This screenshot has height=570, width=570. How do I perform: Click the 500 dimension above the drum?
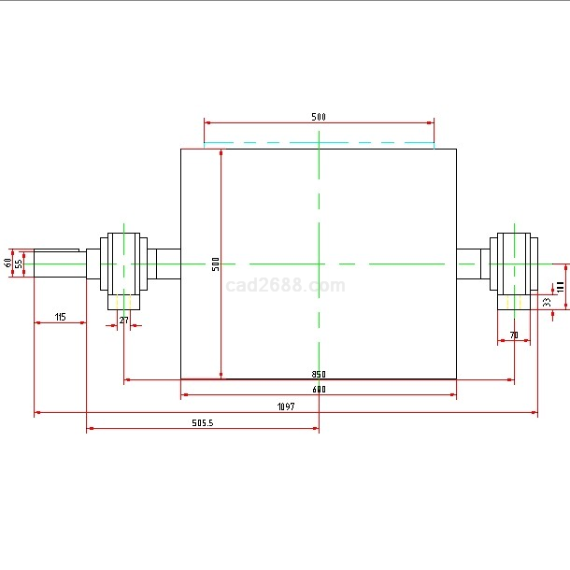click(x=319, y=117)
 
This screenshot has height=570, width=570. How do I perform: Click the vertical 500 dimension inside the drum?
click(x=216, y=264)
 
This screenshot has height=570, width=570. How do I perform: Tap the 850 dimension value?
click(x=319, y=375)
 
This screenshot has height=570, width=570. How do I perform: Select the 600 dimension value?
click(x=319, y=389)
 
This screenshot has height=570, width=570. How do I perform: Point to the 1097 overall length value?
click(x=286, y=406)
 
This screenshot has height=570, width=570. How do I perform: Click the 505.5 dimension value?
click(x=203, y=423)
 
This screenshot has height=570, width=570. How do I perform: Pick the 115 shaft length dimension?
click(x=60, y=318)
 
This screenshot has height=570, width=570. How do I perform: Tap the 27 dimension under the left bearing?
click(x=123, y=321)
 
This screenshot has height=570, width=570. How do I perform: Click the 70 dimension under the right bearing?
click(x=514, y=335)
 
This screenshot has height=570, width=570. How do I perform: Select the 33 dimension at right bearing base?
click(x=547, y=302)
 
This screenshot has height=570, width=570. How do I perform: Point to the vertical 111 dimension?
click(x=561, y=286)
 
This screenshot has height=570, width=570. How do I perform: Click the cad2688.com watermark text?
click(x=285, y=286)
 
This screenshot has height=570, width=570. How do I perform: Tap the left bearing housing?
click(x=123, y=263)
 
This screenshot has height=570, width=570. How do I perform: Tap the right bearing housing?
click(x=514, y=263)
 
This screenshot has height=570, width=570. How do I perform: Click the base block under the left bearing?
click(x=123, y=301)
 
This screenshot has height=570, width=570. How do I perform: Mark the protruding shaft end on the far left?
click(x=56, y=264)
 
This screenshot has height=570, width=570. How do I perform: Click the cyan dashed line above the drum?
click(x=319, y=144)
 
